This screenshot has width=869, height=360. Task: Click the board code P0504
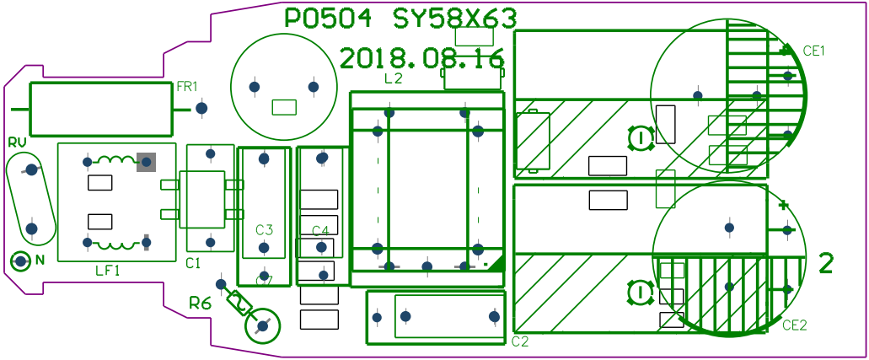(x=328, y=19)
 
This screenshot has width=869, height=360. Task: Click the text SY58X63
(x=455, y=19)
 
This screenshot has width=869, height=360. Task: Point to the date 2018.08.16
(x=421, y=57)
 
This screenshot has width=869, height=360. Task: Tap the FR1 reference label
(x=187, y=87)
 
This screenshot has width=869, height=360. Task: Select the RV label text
(x=18, y=142)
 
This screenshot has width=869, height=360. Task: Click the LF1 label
(x=108, y=271)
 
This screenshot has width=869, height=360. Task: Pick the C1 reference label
(x=193, y=264)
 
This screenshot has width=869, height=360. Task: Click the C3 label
(x=265, y=229)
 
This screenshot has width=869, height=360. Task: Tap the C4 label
(x=320, y=231)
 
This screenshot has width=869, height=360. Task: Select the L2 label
(x=394, y=78)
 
